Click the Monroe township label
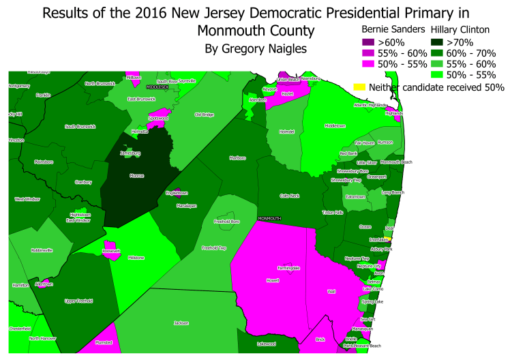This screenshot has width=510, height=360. [x=136, y=175]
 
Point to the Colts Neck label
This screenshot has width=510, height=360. [x=289, y=195]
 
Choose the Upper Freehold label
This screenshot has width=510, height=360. [x=77, y=301]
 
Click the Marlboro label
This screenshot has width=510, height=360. [x=237, y=157]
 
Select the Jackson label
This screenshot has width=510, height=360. [x=181, y=322]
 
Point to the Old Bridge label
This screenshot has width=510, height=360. [x=204, y=115]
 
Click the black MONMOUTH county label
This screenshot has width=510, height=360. [x=269, y=219]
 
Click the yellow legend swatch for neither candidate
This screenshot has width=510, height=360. [x=359, y=87]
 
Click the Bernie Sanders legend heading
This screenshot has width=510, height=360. [x=393, y=30]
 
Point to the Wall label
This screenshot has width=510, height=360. [x=331, y=290]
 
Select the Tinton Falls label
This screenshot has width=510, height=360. [x=333, y=213]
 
